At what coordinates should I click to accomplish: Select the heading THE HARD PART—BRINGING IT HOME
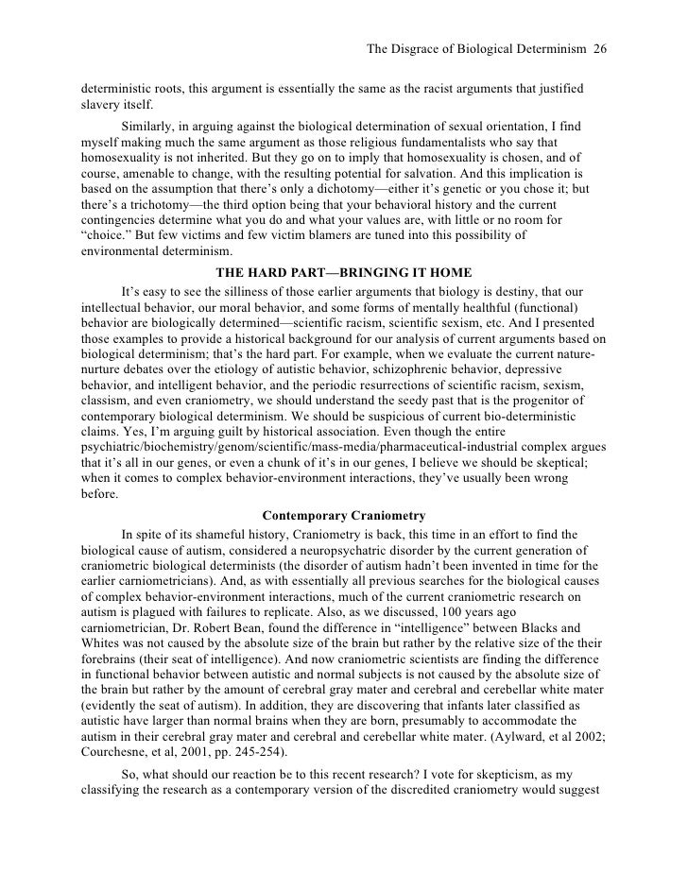click(344, 273)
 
